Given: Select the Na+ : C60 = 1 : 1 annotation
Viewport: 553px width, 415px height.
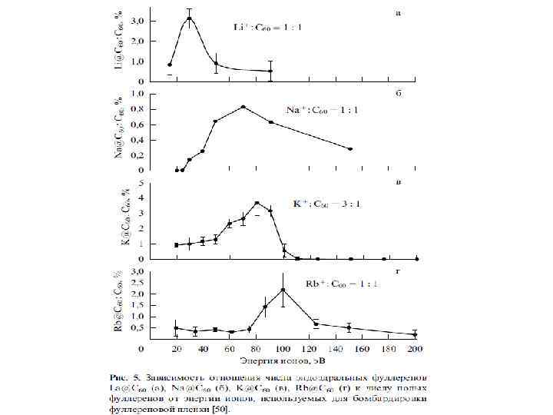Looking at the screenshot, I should pos(319,111).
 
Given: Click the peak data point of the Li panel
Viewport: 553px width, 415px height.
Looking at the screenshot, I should pos(189,18).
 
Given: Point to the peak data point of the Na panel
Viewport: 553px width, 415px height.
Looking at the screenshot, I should pos(243,107).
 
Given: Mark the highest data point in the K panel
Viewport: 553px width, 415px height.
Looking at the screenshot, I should pos(257,203).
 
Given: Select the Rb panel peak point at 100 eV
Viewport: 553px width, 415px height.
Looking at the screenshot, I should pos(283,290).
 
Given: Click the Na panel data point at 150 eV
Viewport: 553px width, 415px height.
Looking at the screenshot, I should pos(350,149).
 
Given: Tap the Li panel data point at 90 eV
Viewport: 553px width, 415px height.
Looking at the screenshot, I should pos(270,71).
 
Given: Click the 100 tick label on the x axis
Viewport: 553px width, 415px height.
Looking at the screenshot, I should pos(283,349).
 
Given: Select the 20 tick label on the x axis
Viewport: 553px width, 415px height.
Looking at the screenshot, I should pos(177,349).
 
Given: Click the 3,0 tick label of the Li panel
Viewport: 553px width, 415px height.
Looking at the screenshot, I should pos(141,22).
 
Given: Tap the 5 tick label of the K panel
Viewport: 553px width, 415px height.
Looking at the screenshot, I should pos(139,183).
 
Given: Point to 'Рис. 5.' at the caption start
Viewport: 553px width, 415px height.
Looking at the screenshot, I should pos(127,377).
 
